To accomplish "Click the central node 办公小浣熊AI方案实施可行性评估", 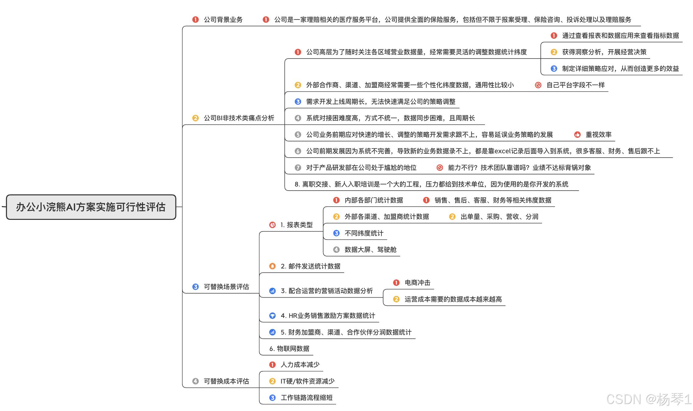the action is coord(91,207).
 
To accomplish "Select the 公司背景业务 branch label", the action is coord(223,20).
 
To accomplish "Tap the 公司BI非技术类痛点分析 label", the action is coord(239,118).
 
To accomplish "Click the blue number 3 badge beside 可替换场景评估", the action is coord(195,287).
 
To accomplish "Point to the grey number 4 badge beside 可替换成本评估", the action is coord(195,381).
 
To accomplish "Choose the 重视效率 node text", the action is coord(599,135).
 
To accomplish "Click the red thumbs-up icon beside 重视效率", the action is coord(577,135).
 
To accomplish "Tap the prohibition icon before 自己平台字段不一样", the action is coord(538,85).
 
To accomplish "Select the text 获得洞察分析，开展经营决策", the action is coord(604,52).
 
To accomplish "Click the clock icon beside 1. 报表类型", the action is coord(273,225).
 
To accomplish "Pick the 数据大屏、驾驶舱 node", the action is coord(371,250).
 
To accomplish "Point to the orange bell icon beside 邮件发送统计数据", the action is coord(273,266).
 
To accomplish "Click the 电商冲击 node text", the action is coord(417,283).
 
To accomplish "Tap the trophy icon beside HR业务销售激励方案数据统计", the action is coord(273,316).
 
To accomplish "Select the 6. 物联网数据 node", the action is coord(289,348).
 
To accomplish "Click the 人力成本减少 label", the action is coord(300,365).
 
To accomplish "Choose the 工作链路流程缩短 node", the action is coord(307,398).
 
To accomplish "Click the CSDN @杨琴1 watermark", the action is coord(649,399).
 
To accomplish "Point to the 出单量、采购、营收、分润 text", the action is coord(499,217).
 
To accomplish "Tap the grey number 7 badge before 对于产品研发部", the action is coord(298,168).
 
